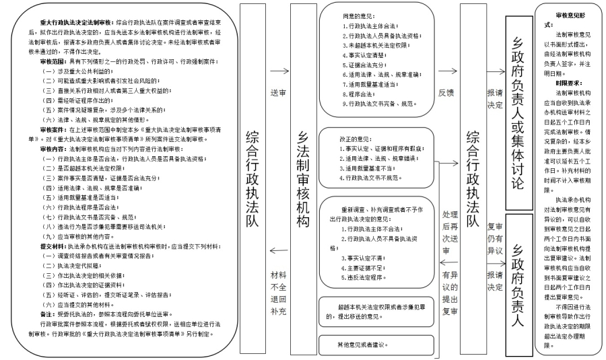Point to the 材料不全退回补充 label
click(x=277, y=294)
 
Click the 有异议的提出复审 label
click(x=444, y=296)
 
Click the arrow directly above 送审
click(x=277, y=70)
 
